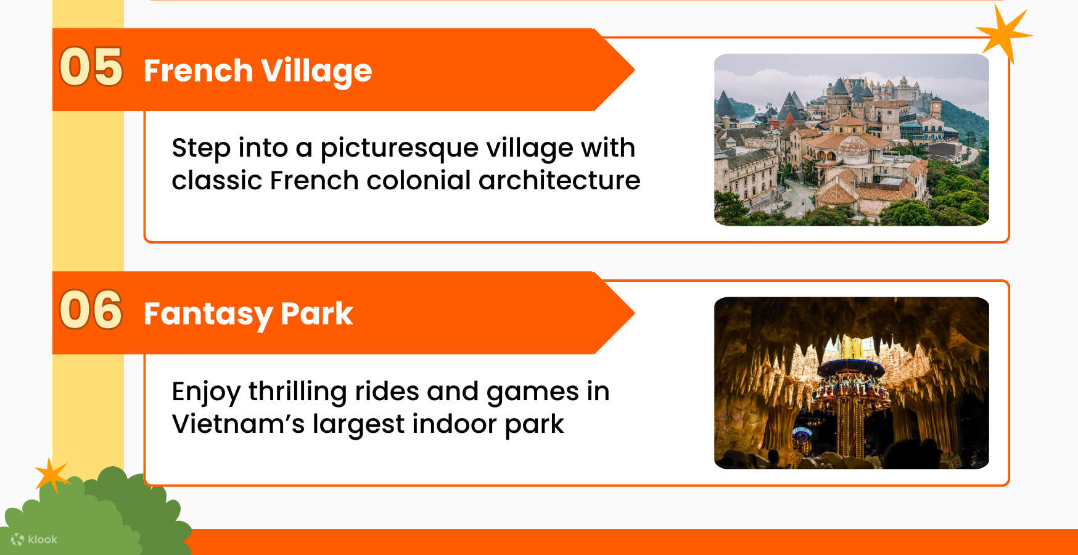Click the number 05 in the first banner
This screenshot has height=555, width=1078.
click(x=91, y=67)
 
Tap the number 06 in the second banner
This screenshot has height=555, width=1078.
click(x=91, y=310)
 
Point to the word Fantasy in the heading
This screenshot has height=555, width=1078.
click(x=208, y=314)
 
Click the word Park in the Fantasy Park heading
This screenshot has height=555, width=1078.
click(x=316, y=313)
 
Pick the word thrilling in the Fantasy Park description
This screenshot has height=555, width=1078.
click(x=297, y=392)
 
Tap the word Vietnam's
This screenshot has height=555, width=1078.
click(x=237, y=424)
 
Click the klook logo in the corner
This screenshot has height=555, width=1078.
click(x=35, y=540)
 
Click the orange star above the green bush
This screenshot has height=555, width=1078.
click(x=51, y=475)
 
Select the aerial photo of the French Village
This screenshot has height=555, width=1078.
click(x=851, y=139)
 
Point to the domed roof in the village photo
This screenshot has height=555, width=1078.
click(x=854, y=146)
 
